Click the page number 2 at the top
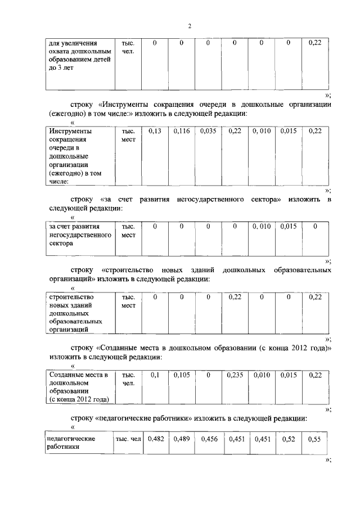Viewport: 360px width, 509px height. click(x=190, y=26)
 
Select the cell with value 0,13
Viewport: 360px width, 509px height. click(x=155, y=131)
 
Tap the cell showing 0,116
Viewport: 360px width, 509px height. click(x=182, y=131)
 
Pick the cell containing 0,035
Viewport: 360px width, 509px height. click(x=208, y=131)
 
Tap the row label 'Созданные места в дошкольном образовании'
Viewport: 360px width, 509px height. click(x=78, y=386)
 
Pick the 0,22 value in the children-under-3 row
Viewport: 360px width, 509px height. click(x=315, y=43)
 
